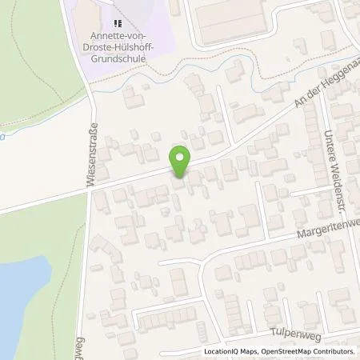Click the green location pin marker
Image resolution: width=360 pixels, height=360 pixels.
pos(180,162)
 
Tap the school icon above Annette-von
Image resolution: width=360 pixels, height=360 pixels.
pos(118,24)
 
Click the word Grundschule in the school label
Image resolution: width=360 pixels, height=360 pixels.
pos(118,58)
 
